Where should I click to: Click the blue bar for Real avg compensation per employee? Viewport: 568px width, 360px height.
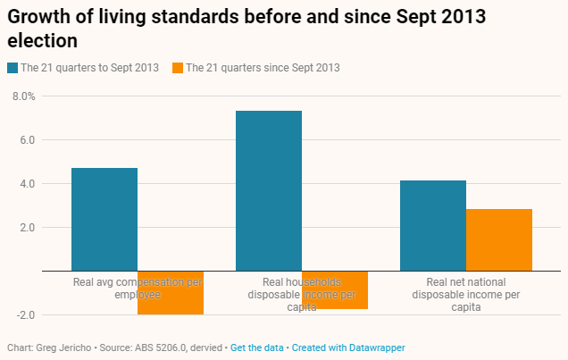pyautogui.click(x=104, y=219)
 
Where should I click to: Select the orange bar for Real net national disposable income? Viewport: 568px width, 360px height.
pyautogui.click(x=499, y=239)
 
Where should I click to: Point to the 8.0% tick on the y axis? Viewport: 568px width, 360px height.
pyautogui.click(x=22, y=96)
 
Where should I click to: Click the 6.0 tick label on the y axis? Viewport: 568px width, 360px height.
pyautogui.click(x=25, y=139)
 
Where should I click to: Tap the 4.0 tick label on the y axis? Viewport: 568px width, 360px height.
pyautogui.click(x=25, y=183)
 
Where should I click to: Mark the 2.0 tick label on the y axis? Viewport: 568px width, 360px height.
pyautogui.click(x=25, y=227)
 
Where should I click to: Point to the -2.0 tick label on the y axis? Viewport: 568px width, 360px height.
pyautogui.click(x=23, y=314)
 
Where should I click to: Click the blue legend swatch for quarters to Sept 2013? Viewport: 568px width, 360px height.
pyautogui.click(x=13, y=67)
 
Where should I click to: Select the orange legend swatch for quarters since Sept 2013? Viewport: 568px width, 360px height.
pyautogui.click(x=178, y=67)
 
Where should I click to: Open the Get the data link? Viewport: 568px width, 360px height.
pyautogui.click(x=257, y=347)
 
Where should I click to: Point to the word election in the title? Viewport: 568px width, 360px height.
pyautogui.click(x=42, y=40)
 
